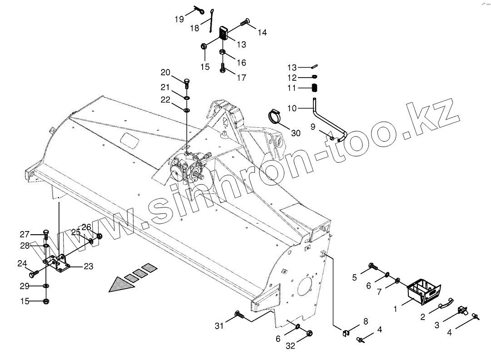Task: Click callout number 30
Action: [296, 133]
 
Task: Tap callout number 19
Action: [179, 19]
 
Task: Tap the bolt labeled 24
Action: [34, 274]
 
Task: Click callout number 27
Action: [24, 234]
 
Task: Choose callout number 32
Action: [290, 345]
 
